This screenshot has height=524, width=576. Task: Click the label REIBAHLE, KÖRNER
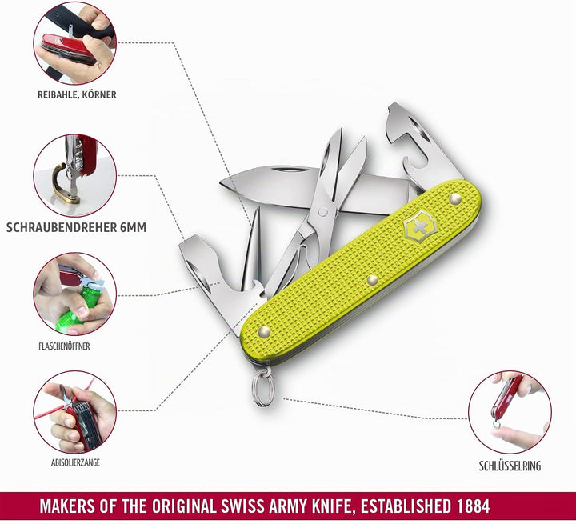pyautogui.click(x=77, y=94)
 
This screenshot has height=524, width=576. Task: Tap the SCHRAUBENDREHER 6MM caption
pyautogui.click(x=77, y=227)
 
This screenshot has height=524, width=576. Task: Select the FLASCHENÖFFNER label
pyautogui.click(x=64, y=346)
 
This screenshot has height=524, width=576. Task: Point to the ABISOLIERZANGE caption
pyautogui.click(x=75, y=462)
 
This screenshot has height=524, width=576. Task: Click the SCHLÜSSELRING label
pyautogui.click(x=510, y=466)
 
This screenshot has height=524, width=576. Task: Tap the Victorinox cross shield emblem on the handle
pyautogui.click(x=418, y=227)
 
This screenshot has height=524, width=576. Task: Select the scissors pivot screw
pyautogui.click(x=323, y=212)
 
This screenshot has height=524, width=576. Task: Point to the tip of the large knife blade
pyautogui.click(x=221, y=182)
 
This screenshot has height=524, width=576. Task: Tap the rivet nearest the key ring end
pyautogui.click(x=265, y=332)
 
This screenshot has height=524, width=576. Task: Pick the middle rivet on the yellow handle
pyautogui.click(x=373, y=280)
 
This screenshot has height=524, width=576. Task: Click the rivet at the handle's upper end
pyautogui.click(x=455, y=198)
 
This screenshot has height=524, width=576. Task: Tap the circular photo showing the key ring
pyautogui.click(x=510, y=411)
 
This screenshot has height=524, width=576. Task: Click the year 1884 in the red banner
pyautogui.click(x=473, y=506)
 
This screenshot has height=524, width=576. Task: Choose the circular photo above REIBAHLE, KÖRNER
pyautogui.click(x=75, y=43)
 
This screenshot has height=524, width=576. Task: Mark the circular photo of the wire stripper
pyautogui.click(x=75, y=411)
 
